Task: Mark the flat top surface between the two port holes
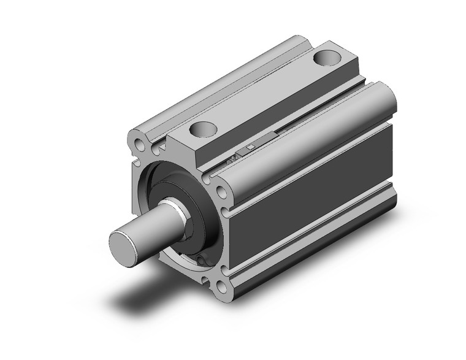pyautogui.click(x=264, y=95)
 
